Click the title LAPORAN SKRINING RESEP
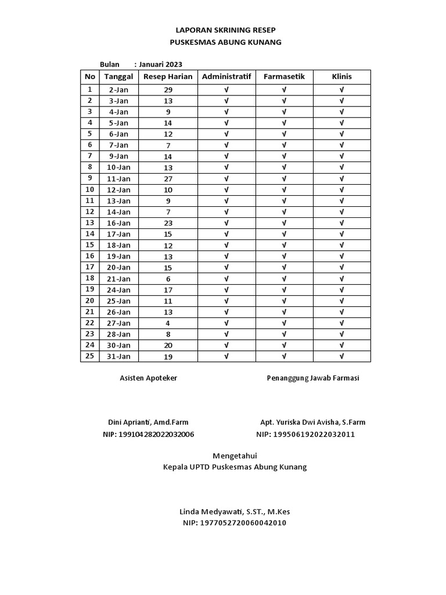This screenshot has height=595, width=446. coord(225,30)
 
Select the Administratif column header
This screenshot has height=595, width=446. coord(226,77)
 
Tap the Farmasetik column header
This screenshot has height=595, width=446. coord(284,77)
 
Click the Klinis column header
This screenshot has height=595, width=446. coord(341,77)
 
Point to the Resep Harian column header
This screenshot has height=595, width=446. coord(168,77)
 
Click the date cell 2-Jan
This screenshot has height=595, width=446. coord(118,90)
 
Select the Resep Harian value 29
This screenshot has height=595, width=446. coord(168,90)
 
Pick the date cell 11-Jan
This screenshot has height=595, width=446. coord(118,179)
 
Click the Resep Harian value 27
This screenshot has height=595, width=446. coord(168,179)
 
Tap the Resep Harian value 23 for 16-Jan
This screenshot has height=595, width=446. coord(168,223)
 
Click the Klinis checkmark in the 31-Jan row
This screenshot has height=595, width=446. coord(341,356)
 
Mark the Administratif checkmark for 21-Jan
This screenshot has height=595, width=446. coord(226,279)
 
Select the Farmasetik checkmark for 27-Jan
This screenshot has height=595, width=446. coord(284,323)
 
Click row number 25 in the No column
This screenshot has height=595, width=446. coord(89,356)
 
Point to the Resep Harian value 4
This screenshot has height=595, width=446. coord(168,323)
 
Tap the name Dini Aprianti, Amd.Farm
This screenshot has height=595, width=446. coord(148,422)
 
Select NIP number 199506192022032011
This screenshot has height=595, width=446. coord(305,435)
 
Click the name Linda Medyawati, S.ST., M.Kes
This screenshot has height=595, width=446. coord(235,512)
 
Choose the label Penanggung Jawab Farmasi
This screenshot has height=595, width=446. coord(312,378)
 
